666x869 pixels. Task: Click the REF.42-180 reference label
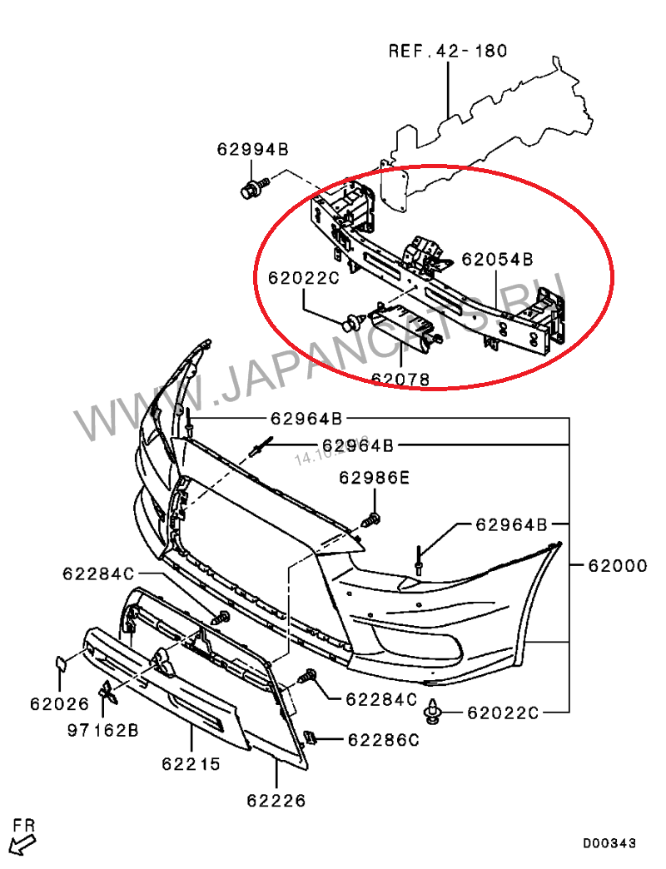[x=448, y=52]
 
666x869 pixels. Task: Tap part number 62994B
[x=252, y=150]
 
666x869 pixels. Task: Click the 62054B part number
[x=497, y=259]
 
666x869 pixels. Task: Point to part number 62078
[x=400, y=380]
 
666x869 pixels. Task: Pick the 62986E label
[x=374, y=478]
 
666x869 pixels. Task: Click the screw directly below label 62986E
[x=372, y=519]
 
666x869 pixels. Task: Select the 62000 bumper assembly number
[x=617, y=566]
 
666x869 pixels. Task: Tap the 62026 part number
[x=59, y=703]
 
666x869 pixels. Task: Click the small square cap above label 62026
[x=62, y=663]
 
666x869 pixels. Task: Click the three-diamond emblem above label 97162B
[x=107, y=690]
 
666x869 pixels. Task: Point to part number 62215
[x=191, y=762]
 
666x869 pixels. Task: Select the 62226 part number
[x=276, y=801]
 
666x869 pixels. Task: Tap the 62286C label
[x=383, y=739]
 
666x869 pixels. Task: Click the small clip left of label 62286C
[x=309, y=737]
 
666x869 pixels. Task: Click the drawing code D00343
[x=608, y=843]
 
